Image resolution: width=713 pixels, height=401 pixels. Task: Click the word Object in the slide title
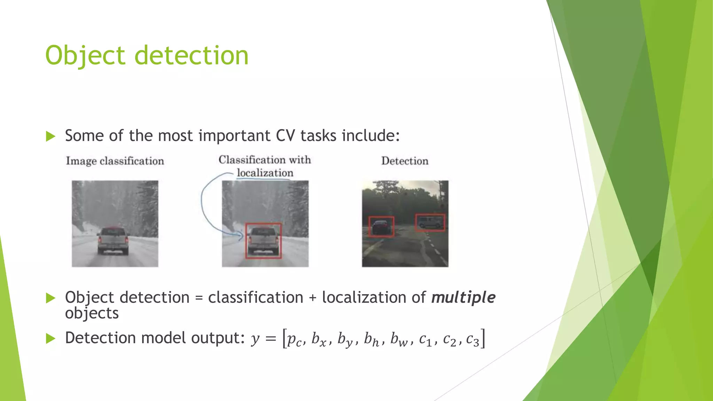85,56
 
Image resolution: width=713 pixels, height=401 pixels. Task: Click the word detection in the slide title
191,56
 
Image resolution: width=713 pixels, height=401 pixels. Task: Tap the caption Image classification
115,161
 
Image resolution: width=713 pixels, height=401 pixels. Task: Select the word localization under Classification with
265,173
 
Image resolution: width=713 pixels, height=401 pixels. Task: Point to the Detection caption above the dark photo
405,161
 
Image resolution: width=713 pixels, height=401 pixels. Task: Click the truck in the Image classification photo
113,240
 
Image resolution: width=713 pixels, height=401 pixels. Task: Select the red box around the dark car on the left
381,217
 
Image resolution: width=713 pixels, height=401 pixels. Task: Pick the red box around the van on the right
430,215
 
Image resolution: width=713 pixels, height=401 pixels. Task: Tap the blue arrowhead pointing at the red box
241,238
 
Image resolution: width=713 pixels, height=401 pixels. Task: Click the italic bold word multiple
463,298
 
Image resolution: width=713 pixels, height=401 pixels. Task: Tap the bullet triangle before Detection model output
51,338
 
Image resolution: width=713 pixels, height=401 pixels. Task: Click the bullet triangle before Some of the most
51,136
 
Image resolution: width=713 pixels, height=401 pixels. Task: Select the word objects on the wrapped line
92,313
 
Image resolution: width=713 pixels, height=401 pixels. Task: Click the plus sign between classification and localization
312,298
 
